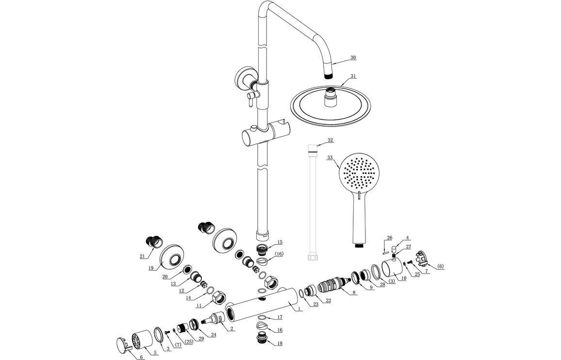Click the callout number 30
(x=353, y=57)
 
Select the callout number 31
(x=353, y=76)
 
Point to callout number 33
(x=330, y=158)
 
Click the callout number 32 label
(x=330, y=140)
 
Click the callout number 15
(x=280, y=242)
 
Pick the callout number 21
(x=142, y=256)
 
